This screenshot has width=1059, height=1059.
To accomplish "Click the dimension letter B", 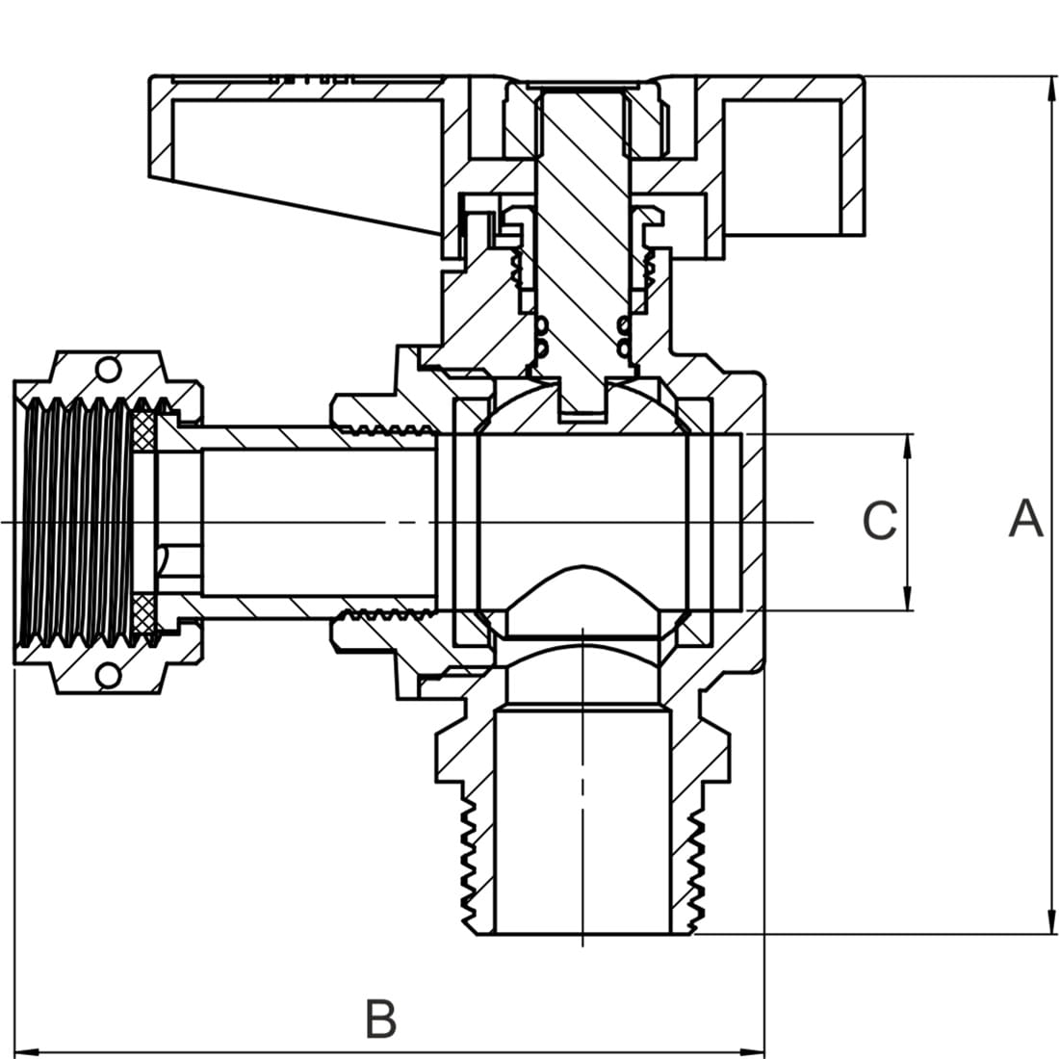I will coord(381,1019).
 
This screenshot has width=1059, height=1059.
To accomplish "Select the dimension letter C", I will coord(880,521).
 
